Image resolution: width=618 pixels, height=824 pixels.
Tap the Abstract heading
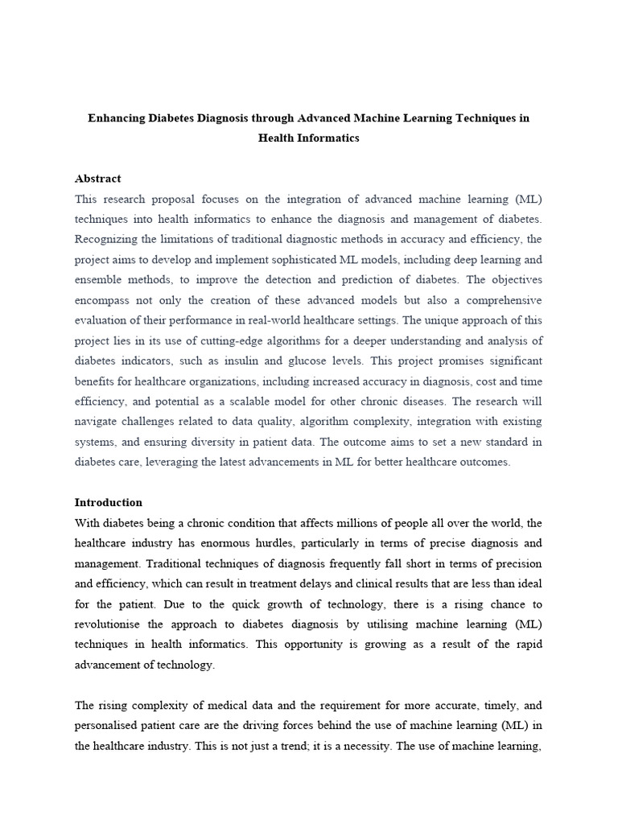97,179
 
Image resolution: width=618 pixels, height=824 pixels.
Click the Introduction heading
109,502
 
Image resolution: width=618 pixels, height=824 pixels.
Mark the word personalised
109,726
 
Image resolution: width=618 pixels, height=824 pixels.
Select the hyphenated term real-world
321,320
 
